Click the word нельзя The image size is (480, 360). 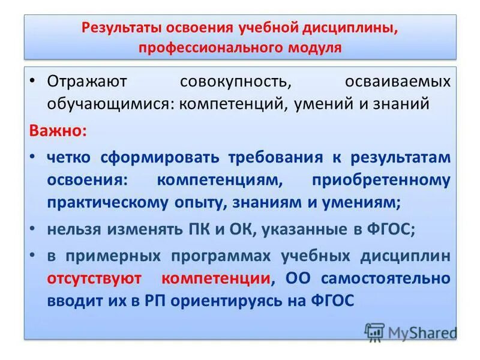(75, 229)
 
